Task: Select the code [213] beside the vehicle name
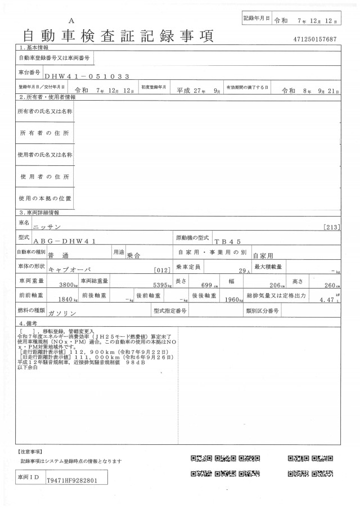tap(332, 227)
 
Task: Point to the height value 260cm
tap(332, 285)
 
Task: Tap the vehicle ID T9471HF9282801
tap(73, 481)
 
